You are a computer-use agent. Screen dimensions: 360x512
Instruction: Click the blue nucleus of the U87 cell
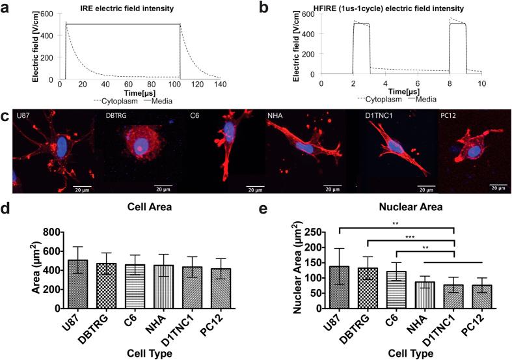(61, 145)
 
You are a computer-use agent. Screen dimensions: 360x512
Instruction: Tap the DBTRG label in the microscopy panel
(117, 116)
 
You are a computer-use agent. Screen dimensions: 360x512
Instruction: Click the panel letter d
(6, 210)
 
